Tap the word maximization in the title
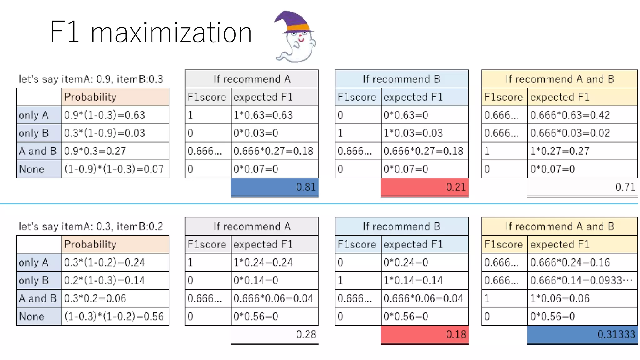coord(171,32)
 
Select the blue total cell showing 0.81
coord(274,187)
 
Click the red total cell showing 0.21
coord(424,187)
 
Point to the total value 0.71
coord(625,187)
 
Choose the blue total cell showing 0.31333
coord(582,334)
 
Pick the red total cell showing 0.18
coord(424,334)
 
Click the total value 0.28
coord(306,334)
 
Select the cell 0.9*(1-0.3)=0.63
coord(115,115)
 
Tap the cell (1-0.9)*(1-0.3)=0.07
coord(115,169)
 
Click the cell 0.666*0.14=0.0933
coord(582,280)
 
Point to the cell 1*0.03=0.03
coord(424,133)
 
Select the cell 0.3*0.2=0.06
coord(115,298)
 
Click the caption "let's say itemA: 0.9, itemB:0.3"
coord(91,79)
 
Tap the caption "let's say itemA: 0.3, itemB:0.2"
coord(91,226)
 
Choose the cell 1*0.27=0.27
coord(582,151)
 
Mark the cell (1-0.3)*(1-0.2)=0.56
coord(115,317)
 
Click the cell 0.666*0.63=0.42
coord(582,115)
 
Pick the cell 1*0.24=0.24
coord(274,262)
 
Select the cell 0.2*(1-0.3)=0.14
coord(115,280)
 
